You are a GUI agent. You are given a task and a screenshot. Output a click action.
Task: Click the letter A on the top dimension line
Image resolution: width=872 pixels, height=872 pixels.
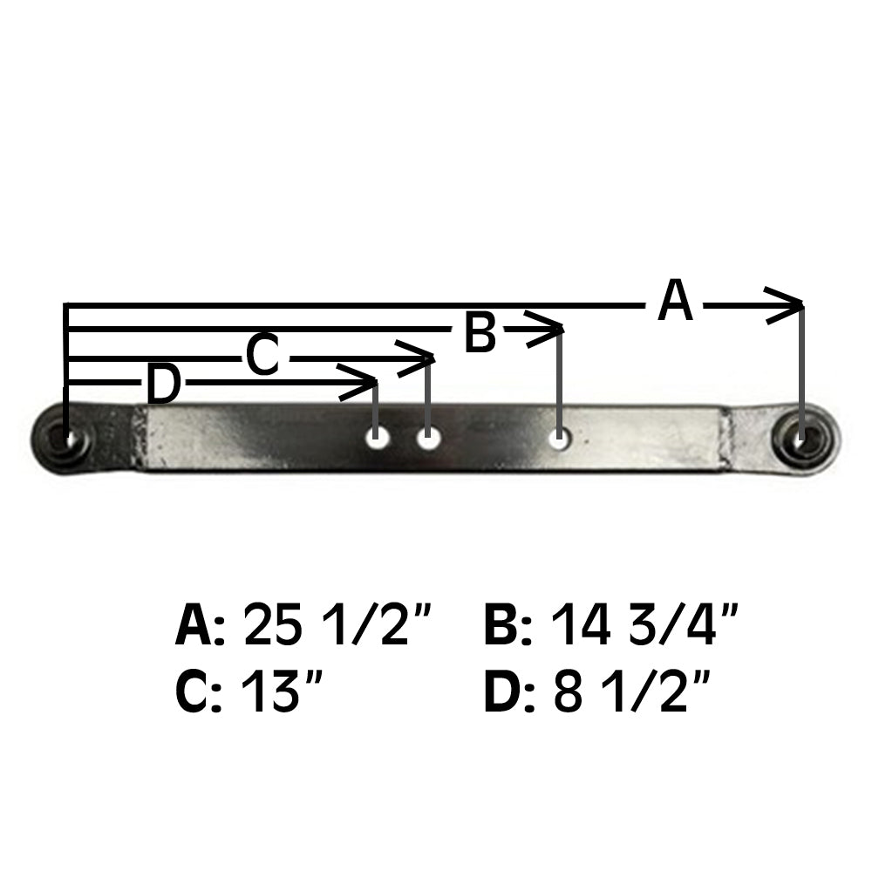pyautogui.click(x=676, y=302)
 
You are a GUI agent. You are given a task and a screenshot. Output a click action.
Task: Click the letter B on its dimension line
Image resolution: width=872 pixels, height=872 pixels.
pyautogui.click(x=480, y=332)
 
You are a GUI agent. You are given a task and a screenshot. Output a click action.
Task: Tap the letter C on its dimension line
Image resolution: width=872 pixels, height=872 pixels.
pyautogui.click(x=262, y=357)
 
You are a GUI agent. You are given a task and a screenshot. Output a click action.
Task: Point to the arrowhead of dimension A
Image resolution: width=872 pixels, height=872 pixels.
pyautogui.click(x=789, y=305)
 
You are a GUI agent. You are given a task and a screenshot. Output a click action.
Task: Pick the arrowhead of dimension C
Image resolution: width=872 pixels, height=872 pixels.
pyautogui.click(x=422, y=357)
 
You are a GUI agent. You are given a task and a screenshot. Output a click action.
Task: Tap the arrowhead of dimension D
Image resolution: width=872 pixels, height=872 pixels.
pyautogui.click(x=364, y=382)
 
